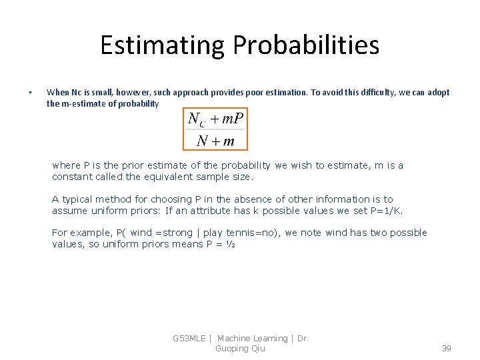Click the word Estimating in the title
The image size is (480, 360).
[x=163, y=45]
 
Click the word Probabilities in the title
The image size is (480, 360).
[x=306, y=45]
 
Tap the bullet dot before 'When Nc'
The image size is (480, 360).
[x=30, y=93]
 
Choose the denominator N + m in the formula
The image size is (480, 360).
[x=215, y=140]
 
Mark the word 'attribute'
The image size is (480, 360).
[x=201, y=211]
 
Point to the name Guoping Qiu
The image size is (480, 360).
[x=240, y=349]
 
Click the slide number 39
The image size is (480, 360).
[x=447, y=349]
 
